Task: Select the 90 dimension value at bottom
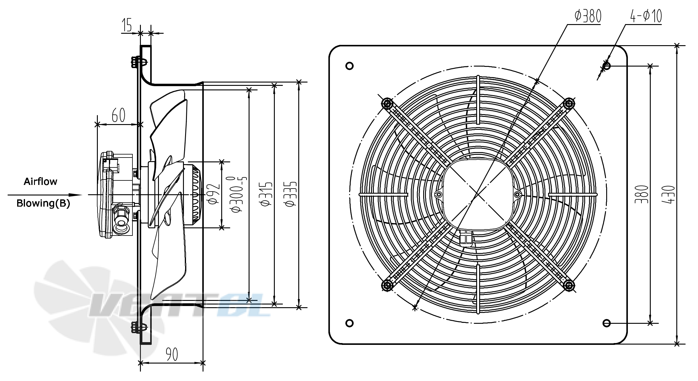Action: click(172, 354)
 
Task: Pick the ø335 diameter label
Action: click(291, 194)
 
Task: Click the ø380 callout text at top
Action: click(588, 16)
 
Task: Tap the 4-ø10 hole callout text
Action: click(646, 16)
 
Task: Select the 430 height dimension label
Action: click(669, 195)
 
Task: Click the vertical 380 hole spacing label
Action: click(641, 195)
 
